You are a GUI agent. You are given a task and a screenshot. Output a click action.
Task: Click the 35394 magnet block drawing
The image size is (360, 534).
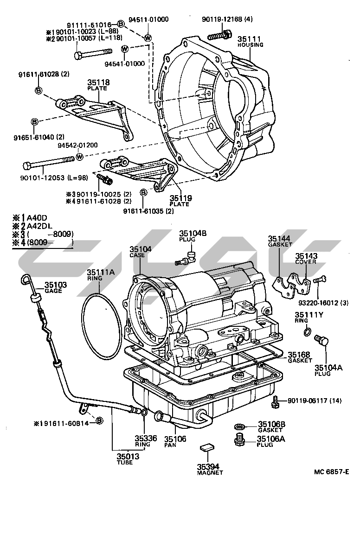point(206,447)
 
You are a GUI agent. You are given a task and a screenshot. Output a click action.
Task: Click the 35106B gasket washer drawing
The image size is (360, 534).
point(240,425)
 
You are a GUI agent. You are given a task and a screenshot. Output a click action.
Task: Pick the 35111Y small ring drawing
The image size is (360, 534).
point(307,331)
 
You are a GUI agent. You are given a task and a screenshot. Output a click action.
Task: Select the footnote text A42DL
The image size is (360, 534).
point(41,226)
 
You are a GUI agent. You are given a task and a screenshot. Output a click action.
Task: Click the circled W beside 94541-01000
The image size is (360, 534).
point(125,49)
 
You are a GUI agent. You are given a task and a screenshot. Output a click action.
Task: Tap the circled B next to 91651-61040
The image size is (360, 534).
point(34,122)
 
